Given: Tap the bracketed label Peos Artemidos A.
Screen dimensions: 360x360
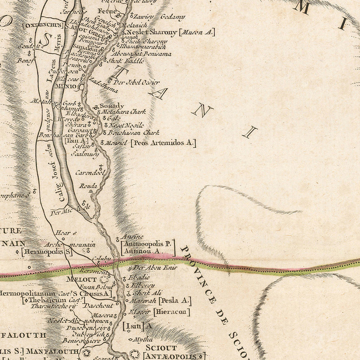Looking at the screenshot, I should point(163,142).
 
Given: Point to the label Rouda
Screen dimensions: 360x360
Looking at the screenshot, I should point(88,186).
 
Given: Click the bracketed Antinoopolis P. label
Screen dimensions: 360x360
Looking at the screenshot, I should point(148,243).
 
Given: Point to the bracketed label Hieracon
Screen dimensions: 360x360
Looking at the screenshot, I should point(171,312).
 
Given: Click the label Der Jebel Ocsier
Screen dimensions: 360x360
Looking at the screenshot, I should point(137,82).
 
